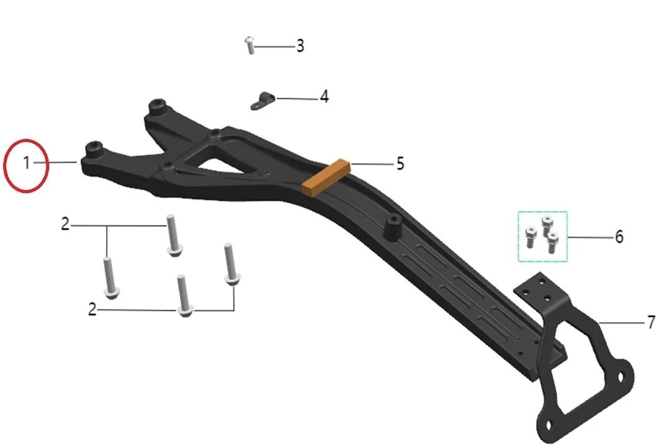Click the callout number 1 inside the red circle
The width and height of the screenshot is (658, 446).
click(26, 163)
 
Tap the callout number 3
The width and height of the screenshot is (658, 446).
click(300, 45)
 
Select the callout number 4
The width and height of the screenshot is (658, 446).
click(324, 97)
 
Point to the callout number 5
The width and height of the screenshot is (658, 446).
click(400, 164)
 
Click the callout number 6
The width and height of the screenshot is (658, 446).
click(619, 237)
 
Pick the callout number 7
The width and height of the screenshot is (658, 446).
click(651, 323)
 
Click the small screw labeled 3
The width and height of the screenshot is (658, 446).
click(250, 45)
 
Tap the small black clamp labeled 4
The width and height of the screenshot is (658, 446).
click(263, 101)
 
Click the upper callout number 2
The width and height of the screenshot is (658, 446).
click(65, 224)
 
